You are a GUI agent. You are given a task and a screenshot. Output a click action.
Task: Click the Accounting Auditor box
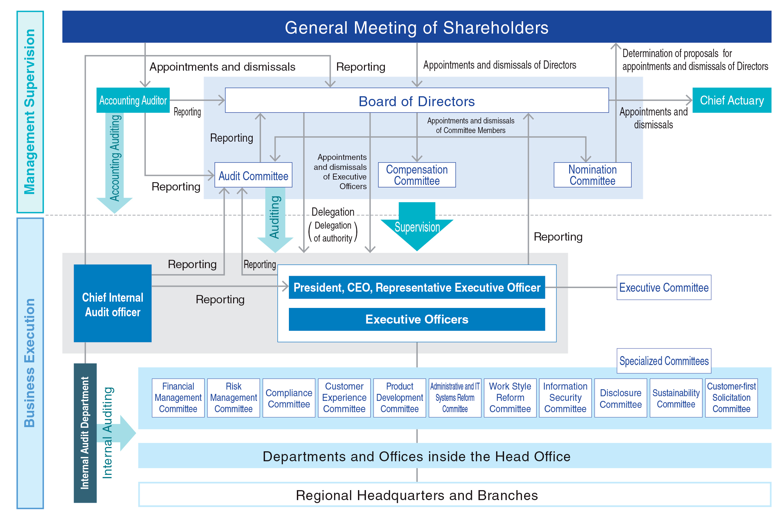133,100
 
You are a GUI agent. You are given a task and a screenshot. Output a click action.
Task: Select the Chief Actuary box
732,100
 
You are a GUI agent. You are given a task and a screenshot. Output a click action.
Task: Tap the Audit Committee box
253,175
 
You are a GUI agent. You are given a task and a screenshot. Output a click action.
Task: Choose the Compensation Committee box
417,175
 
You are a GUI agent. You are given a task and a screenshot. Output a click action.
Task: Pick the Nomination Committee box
592,175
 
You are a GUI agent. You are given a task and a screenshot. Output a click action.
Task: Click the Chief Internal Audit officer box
113,303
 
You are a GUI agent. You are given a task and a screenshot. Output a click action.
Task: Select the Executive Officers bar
417,319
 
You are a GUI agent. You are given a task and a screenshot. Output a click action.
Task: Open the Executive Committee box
664,287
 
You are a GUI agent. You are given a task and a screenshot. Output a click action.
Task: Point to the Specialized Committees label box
664,361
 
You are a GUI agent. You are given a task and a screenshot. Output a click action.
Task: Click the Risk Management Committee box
233,398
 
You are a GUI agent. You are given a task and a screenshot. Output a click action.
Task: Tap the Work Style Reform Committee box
510,398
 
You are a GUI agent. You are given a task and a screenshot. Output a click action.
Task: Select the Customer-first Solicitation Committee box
731,398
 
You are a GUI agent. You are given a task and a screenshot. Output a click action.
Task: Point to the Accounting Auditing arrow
115,159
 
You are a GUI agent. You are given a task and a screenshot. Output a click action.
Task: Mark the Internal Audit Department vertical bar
85,433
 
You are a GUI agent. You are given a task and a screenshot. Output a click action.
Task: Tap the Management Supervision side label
30,112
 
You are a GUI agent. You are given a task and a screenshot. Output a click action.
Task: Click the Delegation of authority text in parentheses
333,232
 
